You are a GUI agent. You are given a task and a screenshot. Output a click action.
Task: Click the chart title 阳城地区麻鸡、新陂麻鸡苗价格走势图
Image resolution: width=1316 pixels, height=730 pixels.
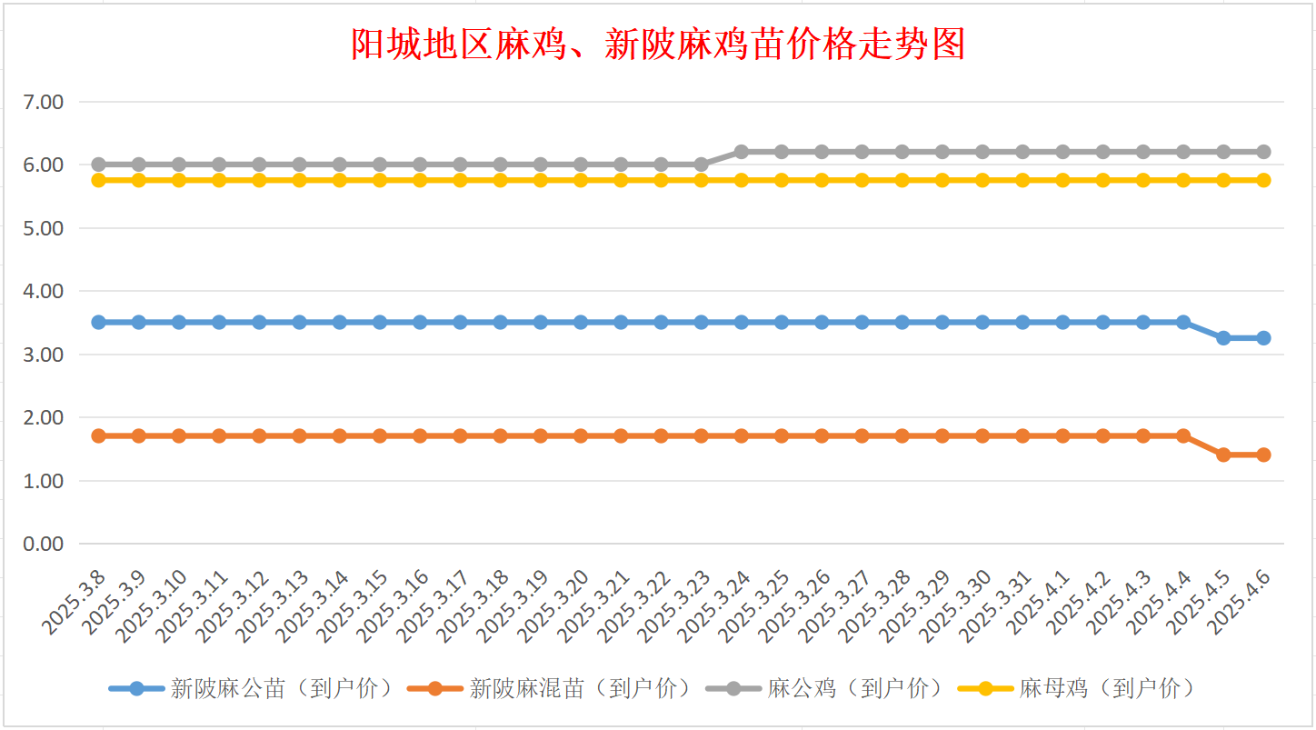[x=658, y=44]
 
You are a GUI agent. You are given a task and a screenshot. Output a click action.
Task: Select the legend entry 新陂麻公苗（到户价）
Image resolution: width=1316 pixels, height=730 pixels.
[x=252, y=688]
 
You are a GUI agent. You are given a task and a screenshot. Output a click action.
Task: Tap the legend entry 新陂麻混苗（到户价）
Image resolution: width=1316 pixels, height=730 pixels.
[x=550, y=688]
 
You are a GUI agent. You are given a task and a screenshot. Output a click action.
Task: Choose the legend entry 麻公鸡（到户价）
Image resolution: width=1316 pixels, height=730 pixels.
[x=825, y=688]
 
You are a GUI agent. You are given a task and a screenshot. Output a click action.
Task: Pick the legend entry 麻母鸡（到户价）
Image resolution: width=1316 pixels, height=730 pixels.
[x=1076, y=688]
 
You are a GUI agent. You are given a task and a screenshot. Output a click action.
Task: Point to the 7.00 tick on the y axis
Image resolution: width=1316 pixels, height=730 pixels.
[x=43, y=102]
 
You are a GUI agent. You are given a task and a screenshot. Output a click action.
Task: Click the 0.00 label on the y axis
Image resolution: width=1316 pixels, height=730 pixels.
[x=43, y=545]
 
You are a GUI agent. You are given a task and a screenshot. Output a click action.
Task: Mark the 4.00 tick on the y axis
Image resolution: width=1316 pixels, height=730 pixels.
[x=43, y=292]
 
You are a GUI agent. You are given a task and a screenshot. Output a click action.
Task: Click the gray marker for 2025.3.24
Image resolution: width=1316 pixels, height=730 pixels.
[x=742, y=152]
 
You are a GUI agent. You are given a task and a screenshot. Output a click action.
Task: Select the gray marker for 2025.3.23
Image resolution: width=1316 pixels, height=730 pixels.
[x=701, y=165]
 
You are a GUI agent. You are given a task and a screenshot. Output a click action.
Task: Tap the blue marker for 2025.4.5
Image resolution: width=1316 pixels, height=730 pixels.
[x=1224, y=338]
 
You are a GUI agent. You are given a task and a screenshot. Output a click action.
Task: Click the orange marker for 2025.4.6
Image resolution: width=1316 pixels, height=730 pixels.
[x=1263, y=455]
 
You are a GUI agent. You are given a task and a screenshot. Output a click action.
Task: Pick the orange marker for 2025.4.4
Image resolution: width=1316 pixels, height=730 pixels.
[x=1184, y=436]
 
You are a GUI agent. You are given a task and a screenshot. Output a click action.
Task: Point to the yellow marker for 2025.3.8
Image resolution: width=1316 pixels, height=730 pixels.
[x=99, y=180]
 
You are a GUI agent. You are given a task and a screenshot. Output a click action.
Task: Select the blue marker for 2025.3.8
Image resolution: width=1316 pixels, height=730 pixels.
[x=99, y=322]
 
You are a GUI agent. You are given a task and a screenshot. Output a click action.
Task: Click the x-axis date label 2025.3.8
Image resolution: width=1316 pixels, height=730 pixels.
[x=74, y=603]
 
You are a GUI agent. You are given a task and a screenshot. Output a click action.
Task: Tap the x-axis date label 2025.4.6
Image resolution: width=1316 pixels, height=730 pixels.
[x=1239, y=603]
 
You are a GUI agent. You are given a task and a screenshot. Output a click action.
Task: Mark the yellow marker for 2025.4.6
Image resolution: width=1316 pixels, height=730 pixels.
[x=1263, y=180]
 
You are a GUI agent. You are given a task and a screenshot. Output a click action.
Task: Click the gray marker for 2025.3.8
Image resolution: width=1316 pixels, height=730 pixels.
[x=99, y=165]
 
